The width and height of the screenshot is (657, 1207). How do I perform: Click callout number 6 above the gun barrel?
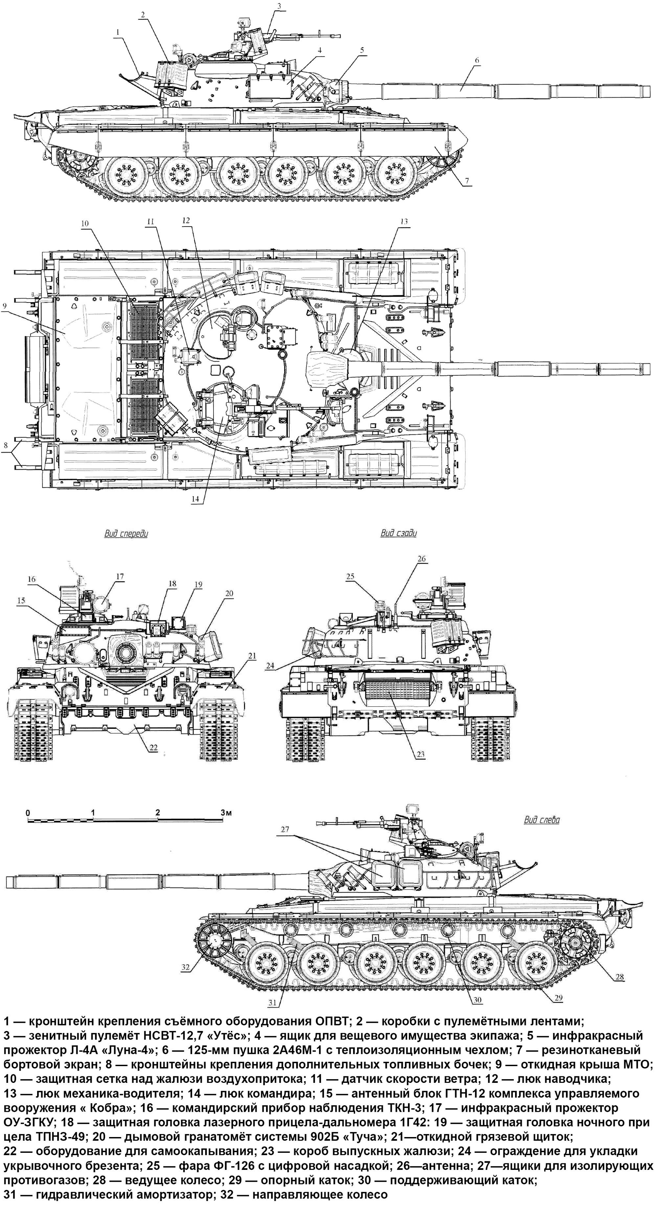[x=477, y=60]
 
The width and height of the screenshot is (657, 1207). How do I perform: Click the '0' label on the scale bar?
[x=28, y=812]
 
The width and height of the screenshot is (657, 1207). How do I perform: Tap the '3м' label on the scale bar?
[x=226, y=812]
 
